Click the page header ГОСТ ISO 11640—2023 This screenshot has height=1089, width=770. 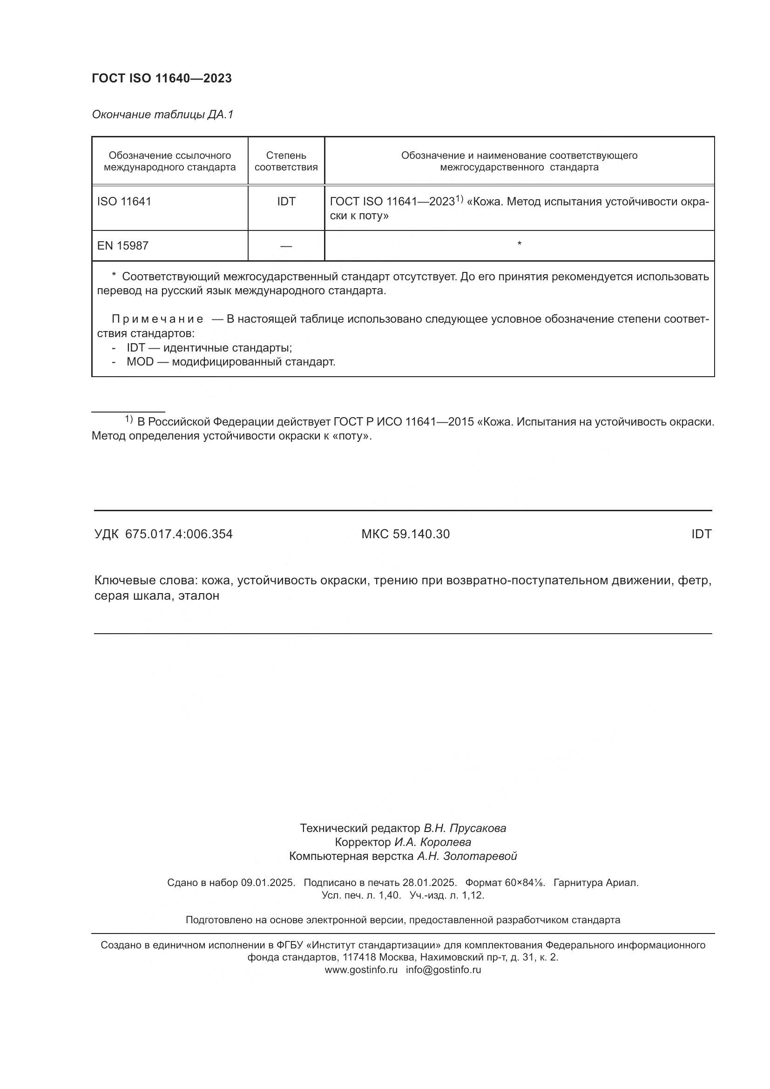tap(162, 78)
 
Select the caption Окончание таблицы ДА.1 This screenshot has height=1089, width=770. tap(162, 115)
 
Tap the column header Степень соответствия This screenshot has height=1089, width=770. tap(286, 161)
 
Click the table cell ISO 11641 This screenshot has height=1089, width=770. tap(124, 202)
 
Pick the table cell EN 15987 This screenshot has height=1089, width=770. tap(123, 246)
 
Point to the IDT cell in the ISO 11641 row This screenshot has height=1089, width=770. tap(286, 202)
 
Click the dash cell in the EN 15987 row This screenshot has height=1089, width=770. tap(286, 246)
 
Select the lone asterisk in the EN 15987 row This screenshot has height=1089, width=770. tap(519, 244)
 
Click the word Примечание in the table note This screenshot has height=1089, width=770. tap(157, 319)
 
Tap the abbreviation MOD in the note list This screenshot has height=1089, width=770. tap(140, 362)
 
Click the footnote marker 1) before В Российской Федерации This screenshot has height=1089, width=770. tap(128, 420)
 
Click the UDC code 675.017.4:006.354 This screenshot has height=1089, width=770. tap(179, 534)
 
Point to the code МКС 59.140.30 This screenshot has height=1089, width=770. tap(405, 534)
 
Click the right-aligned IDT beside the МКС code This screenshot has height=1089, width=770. tap(701, 534)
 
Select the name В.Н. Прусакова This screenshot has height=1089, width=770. tap(465, 828)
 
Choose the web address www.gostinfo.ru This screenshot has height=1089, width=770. tap(361, 969)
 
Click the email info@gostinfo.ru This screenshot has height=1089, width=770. tap(443, 969)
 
